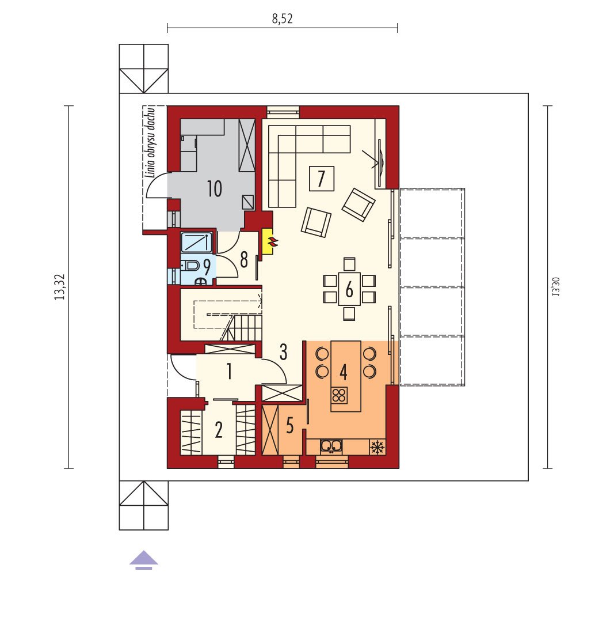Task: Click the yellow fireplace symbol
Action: (x=268, y=241)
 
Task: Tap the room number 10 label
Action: (x=215, y=188)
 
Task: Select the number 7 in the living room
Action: (x=322, y=179)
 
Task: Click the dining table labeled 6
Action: (x=349, y=289)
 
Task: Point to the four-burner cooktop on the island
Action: (x=340, y=395)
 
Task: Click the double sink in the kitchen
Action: (x=331, y=446)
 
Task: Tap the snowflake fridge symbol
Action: (x=377, y=447)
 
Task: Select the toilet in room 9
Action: (x=190, y=266)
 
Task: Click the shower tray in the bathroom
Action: (x=197, y=243)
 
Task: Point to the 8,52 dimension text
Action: (x=282, y=18)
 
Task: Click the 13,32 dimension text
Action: (x=59, y=287)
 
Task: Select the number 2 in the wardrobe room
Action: (x=219, y=430)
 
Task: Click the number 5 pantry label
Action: (x=289, y=425)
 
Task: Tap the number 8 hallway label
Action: (x=244, y=260)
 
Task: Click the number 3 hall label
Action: (x=284, y=352)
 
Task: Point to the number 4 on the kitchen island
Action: (x=344, y=372)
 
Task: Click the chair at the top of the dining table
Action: (x=349, y=264)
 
